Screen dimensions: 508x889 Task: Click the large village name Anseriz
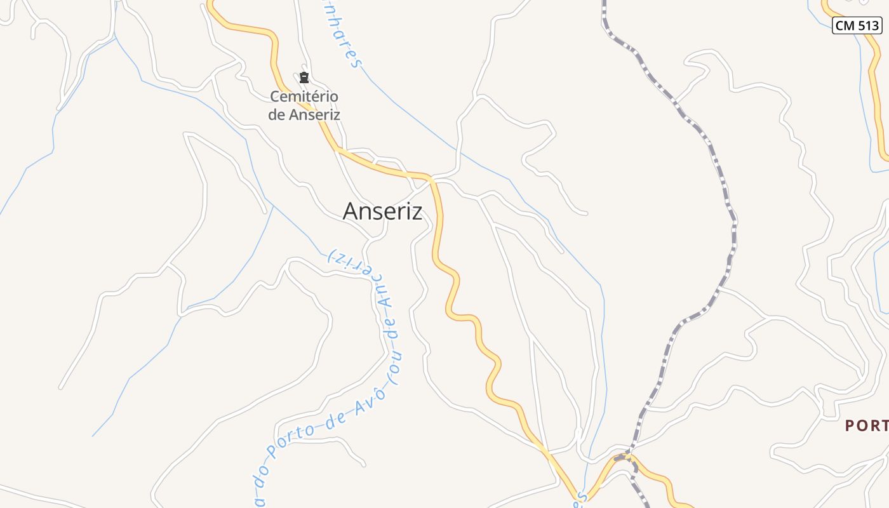tap(382, 211)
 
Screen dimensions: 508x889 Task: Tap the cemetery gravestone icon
tap(304, 78)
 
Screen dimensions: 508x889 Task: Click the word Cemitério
tap(304, 97)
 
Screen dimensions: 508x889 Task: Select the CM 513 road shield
tap(857, 25)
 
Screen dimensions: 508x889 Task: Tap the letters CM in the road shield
tap(845, 25)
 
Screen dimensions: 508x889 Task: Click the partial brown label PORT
tap(866, 425)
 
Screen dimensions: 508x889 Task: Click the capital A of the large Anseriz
tap(350, 211)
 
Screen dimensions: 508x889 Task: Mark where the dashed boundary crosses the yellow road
tap(623, 457)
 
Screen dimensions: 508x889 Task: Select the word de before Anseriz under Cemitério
tap(277, 115)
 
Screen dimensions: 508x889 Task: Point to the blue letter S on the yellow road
tap(577, 502)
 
